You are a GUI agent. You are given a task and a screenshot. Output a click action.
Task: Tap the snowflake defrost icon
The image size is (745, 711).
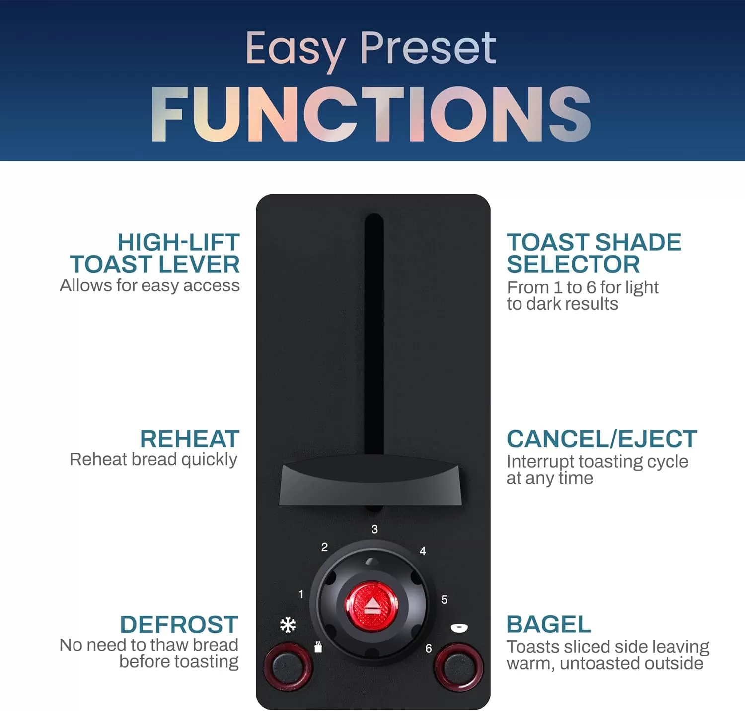tap(288, 625)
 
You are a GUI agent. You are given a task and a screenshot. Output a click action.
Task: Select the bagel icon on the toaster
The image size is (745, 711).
tap(459, 629)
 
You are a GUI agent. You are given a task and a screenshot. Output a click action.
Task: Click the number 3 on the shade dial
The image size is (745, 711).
tap(374, 529)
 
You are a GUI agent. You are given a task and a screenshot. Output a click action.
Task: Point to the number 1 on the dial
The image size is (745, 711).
tap(301, 594)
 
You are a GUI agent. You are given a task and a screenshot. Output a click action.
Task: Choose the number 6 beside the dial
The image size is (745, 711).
tap(428, 648)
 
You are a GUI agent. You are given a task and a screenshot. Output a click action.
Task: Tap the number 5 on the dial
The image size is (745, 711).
tap(444, 600)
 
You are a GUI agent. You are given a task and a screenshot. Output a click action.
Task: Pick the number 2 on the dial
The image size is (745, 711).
tap(324, 547)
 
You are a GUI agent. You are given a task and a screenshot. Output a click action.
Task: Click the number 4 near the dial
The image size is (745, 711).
tap(423, 551)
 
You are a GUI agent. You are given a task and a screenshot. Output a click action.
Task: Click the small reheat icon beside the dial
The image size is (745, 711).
tap(318, 647)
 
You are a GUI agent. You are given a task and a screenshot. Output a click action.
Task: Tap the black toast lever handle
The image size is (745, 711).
tap(371, 485)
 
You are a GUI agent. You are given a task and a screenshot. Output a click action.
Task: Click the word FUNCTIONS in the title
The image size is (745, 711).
tap(371, 114)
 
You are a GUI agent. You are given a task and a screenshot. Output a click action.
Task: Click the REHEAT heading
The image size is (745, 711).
tap(190, 439)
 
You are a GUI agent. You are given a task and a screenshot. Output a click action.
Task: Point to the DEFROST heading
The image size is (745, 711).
tap(179, 624)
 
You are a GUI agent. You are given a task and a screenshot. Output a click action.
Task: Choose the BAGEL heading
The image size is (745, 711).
tap(549, 624)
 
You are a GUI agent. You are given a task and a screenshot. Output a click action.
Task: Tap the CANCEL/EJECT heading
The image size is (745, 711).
tap(602, 439)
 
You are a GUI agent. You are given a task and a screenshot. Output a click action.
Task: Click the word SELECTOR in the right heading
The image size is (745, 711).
tap(573, 264)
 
